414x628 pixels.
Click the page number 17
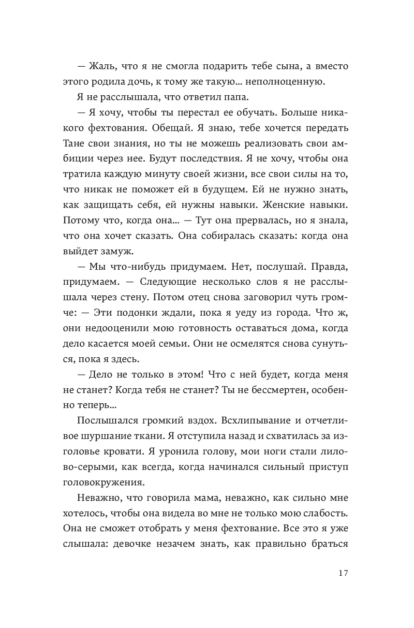[343, 573]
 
